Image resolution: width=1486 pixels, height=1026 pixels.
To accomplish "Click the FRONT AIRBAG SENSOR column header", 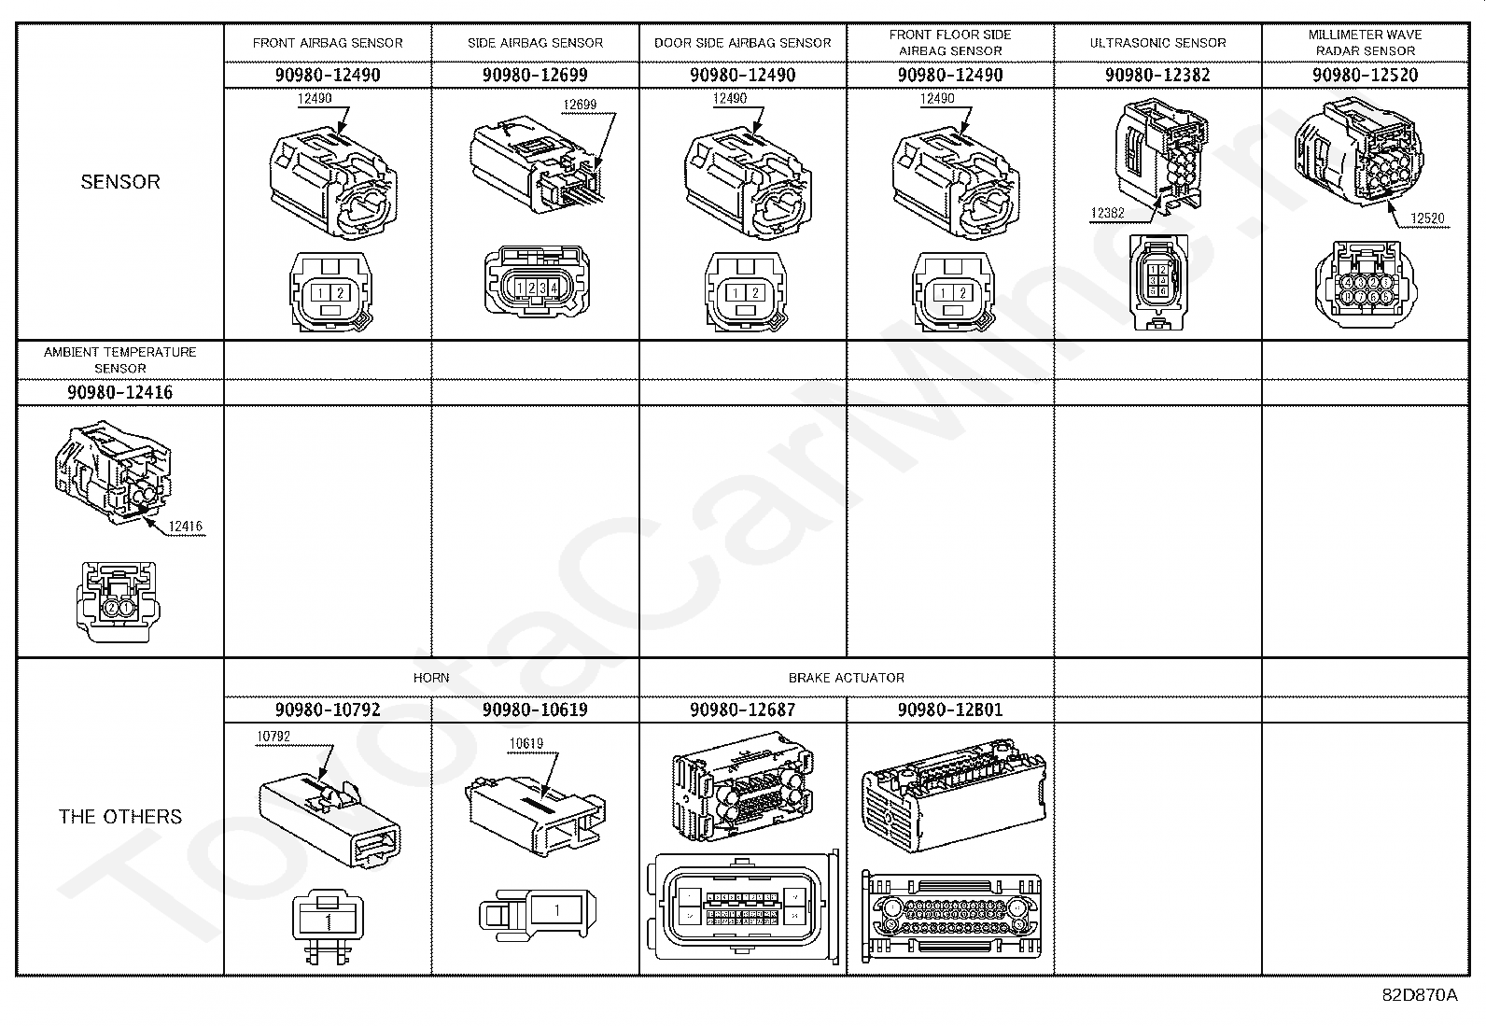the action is (328, 43).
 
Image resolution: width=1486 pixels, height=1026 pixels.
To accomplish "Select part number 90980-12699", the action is (535, 75).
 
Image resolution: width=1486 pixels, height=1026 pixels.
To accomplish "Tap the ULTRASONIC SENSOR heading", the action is (1157, 43).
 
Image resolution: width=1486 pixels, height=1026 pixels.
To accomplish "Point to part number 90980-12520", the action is (1365, 75).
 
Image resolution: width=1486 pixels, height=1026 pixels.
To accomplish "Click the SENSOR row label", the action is (120, 182).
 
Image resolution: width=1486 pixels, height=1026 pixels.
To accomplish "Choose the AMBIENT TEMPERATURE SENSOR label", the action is (120, 359).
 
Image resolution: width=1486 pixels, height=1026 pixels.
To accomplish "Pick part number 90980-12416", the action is (120, 392).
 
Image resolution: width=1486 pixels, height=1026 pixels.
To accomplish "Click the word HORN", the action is (431, 678).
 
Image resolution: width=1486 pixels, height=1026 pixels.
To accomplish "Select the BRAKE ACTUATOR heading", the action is (846, 678).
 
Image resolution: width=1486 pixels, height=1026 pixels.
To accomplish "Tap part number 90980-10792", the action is (328, 710).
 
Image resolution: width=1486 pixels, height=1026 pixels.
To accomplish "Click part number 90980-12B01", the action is (950, 710).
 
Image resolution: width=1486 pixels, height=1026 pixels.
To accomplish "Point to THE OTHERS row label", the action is (120, 817).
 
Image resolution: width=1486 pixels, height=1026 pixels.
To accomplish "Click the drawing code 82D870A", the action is (1419, 995).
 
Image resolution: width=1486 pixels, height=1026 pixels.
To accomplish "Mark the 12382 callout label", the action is (1107, 213).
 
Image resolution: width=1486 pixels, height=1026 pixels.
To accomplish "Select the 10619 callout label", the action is (526, 744).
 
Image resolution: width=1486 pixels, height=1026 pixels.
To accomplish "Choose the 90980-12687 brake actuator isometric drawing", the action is (742, 789).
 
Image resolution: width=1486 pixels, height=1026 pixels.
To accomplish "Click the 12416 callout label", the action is (186, 527).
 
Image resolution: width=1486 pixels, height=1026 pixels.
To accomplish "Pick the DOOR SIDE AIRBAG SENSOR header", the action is (742, 43).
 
